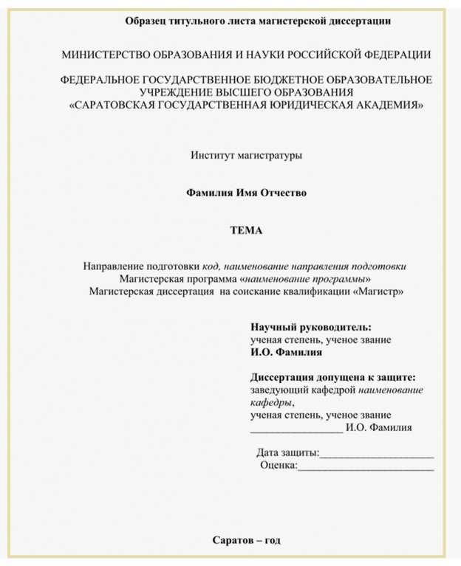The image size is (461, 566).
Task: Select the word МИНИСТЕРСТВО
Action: coord(108,55)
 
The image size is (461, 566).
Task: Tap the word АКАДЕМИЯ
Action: coord(383,105)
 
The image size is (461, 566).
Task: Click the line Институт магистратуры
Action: coord(247,155)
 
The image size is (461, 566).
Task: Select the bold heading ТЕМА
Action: coord(246,230)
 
